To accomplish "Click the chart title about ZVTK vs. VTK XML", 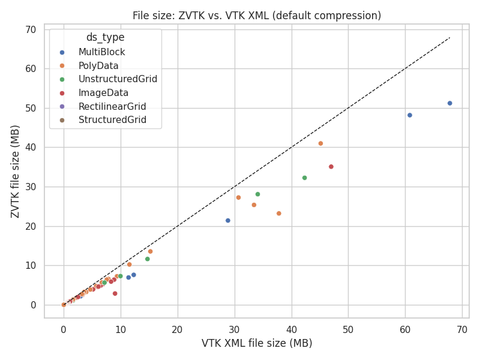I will pos(256,16).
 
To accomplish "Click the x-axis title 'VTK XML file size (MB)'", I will pos(256,343).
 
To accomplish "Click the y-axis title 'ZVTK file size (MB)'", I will pos(16,172).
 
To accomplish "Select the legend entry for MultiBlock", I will pos(101,52).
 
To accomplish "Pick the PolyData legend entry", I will pos(98,65).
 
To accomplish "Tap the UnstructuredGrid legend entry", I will pos(118,79).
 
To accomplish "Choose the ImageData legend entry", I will pos(103,93).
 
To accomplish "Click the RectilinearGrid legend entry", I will pos(112,106).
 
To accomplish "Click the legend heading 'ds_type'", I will pos(105,37).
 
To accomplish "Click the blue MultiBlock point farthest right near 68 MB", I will pos(449,103).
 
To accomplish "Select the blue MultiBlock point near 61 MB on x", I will pos(410,115).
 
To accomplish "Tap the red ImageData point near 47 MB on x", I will pos(331,167).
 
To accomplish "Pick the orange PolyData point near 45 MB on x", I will pos(320,143).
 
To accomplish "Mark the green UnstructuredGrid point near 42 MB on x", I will pos(304,178).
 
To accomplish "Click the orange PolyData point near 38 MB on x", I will pos(279,214).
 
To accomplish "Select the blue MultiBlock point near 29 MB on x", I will pos(228,221).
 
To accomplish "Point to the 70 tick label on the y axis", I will pos(30,29).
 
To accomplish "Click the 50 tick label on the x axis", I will pos(348,329).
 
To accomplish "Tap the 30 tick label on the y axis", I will pos(30,187).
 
